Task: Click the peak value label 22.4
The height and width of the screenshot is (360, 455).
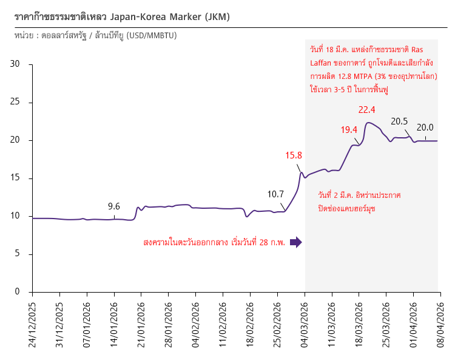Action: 367,110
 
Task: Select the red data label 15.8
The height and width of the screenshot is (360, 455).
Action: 294,155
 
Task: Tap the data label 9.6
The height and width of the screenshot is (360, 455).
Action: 114,206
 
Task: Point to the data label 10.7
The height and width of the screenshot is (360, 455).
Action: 276,194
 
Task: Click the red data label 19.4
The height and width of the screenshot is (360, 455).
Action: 349,129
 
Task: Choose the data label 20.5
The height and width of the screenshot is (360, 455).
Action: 399,121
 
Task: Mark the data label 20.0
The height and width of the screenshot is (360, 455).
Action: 425,127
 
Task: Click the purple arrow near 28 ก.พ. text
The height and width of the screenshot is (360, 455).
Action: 295,242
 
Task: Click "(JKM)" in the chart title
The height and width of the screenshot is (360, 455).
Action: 218,17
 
